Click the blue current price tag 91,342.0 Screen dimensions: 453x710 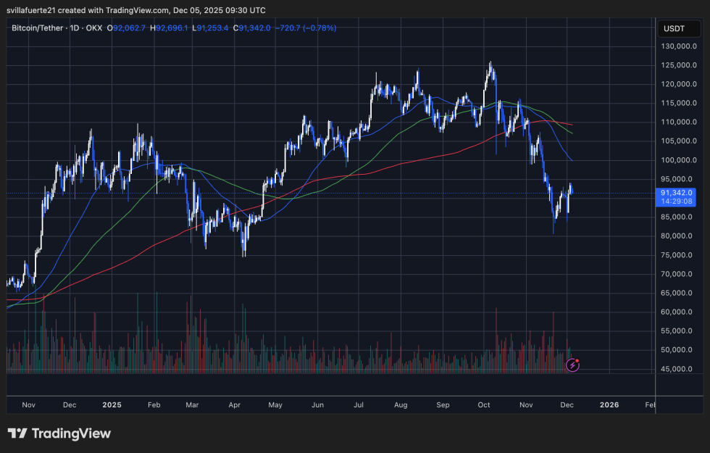pos(677,193)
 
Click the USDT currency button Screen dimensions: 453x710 pos(676,29)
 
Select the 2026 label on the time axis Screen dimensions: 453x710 pos(609,405)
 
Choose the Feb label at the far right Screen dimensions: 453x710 pos(650,405)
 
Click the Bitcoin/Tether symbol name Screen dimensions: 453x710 pos(37,28)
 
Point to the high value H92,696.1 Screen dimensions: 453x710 pos(169,28)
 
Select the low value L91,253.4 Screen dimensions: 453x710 pos(212,28)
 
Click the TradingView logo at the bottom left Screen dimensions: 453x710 pos(59,433)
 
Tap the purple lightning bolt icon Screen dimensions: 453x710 pos(572,365)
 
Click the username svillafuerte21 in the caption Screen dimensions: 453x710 pos(36,10)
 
